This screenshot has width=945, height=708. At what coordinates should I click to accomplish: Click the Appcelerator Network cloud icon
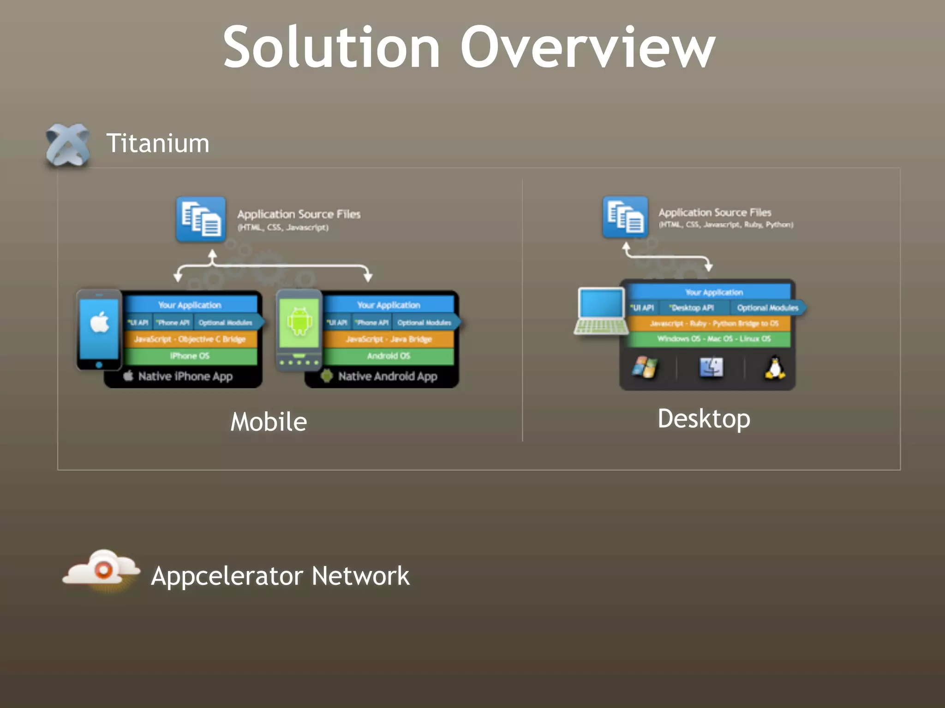click(102, 570)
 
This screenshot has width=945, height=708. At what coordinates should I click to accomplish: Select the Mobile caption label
click(269, 422)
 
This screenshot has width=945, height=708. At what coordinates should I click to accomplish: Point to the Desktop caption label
click(704, 419)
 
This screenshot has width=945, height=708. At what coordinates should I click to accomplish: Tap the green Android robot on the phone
click(299, 321)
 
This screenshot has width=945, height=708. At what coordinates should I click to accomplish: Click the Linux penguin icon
click(775, 368)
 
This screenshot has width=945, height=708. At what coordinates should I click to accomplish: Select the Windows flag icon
click(645, 367)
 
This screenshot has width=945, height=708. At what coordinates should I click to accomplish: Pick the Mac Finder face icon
click(711, 367)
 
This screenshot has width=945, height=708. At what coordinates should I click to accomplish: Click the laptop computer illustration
click(601, 311)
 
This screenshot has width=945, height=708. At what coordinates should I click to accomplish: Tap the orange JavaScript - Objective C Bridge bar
click(190, 339)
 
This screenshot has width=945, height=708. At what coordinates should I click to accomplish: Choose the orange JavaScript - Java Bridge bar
click(389, 339)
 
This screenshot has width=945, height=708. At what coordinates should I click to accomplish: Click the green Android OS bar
click(389, 356)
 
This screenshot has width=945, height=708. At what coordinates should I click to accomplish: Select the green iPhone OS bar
click(190, 356)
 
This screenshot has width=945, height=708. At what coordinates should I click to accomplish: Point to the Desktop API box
click(693, 307)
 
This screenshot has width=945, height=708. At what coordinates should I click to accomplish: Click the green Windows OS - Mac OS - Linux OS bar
click(713, 339)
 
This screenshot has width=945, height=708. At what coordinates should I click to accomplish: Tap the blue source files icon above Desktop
click(625, 217)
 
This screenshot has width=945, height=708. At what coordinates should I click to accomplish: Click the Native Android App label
click(387, 376)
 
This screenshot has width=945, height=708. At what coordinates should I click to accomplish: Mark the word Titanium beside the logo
click(158, 143)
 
